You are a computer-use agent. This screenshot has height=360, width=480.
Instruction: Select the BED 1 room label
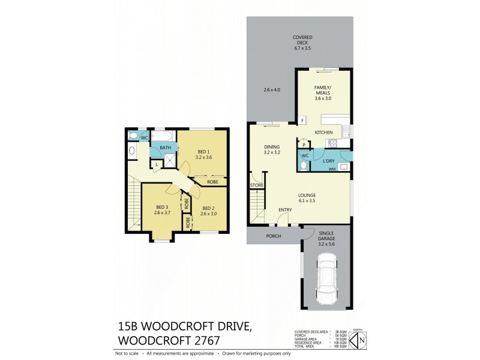203,151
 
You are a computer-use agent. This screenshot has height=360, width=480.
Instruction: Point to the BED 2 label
208,208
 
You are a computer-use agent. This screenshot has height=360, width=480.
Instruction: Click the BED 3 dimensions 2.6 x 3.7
162,212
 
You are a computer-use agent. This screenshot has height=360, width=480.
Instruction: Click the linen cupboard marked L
156,164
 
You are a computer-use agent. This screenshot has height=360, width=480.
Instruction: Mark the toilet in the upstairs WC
132,151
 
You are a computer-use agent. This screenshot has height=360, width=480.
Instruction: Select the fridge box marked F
302,121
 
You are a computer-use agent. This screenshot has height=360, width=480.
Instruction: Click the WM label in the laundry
332,169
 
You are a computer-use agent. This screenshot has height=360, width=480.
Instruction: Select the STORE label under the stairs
257,185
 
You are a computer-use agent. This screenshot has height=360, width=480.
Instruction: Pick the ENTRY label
285,209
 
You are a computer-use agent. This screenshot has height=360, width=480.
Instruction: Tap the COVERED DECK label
302,40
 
